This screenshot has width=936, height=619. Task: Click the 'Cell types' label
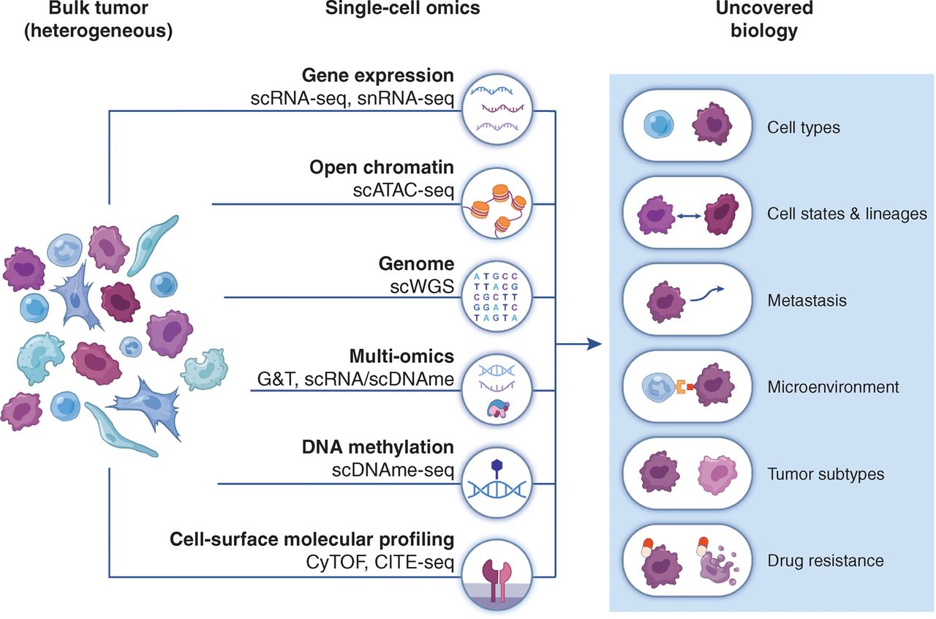(804, 128)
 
